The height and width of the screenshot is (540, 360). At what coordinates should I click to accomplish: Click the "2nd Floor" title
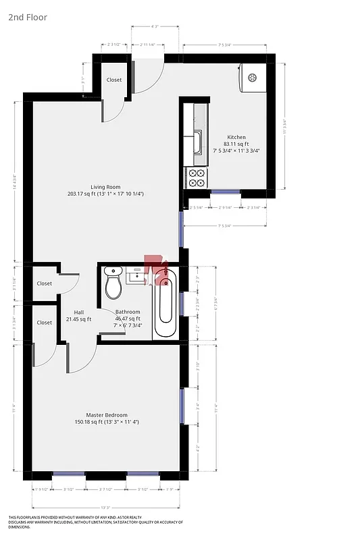[28, 18]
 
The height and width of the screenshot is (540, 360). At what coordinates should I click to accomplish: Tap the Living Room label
[105, 190]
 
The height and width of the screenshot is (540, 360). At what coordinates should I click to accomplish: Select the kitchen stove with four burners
[197, 178]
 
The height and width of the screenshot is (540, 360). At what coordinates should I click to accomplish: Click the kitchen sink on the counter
[197, 142]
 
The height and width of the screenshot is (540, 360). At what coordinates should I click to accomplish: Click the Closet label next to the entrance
[114, 80]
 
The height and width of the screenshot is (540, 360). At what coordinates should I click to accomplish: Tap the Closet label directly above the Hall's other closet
[45, 283]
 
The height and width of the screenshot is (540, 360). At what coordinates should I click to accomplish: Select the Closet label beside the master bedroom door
[45, 323]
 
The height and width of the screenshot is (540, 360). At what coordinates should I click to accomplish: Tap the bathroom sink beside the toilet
[138, 275]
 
